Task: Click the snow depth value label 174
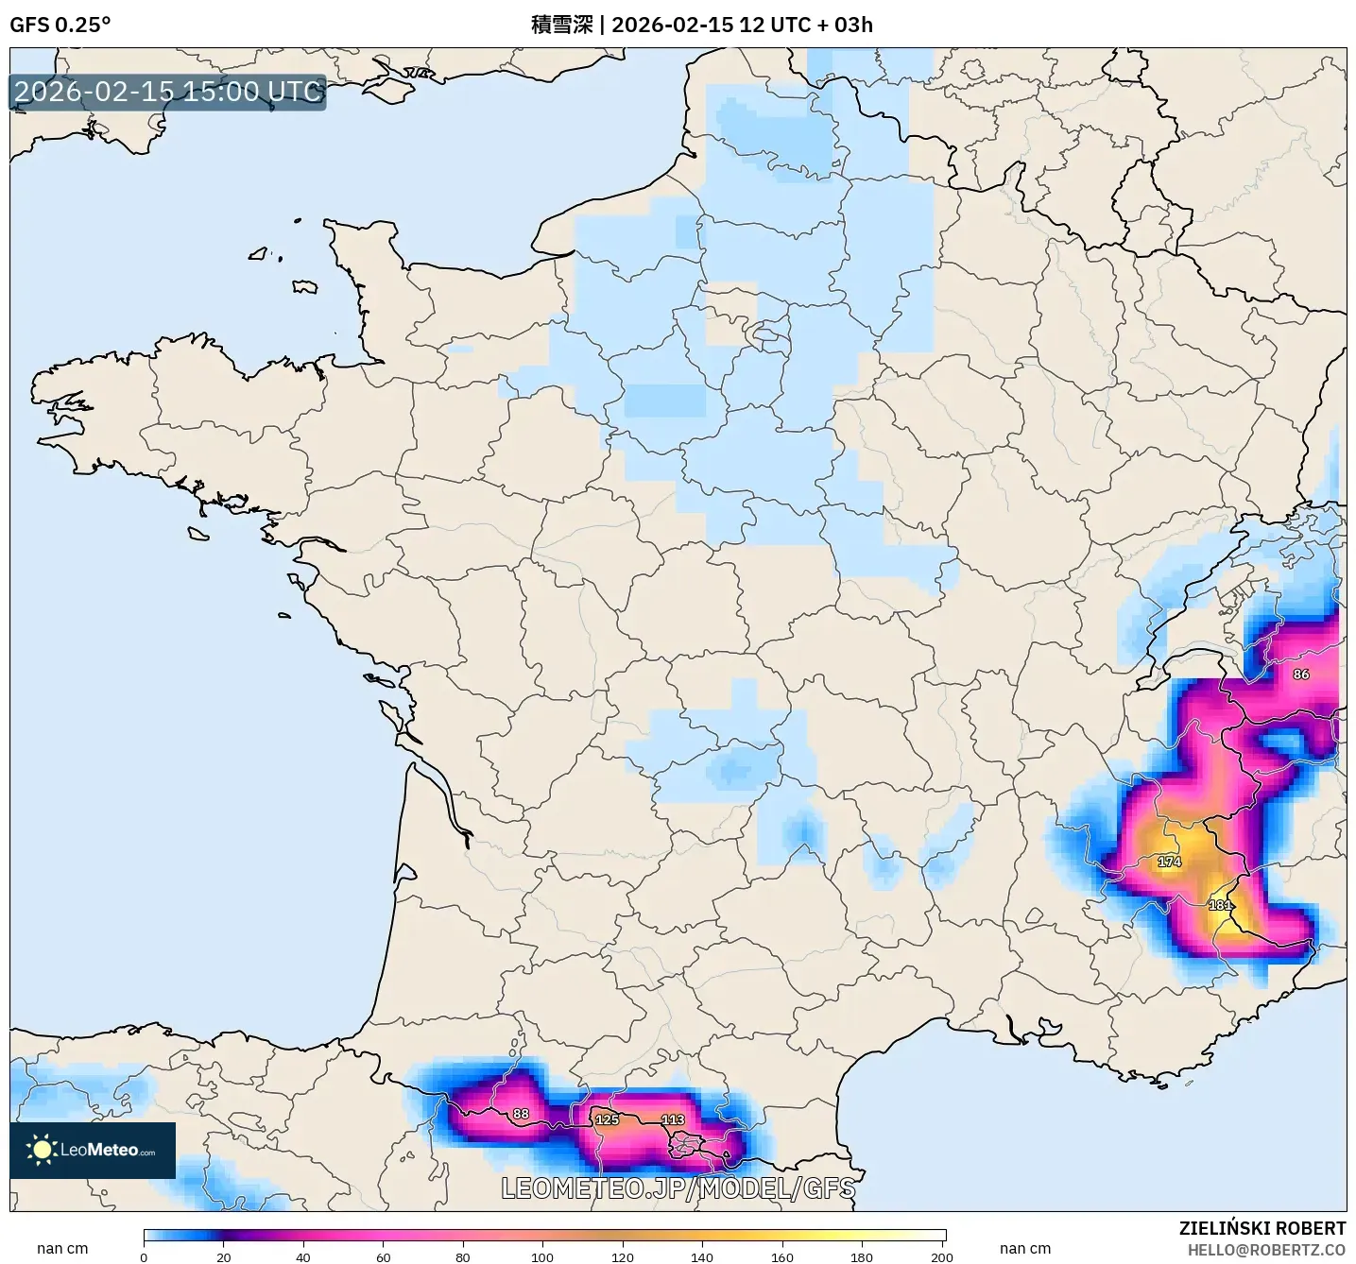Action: [x=1169, y=862]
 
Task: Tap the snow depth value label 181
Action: [x=1220, y=905]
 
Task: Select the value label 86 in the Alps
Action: [x=1301, y=675]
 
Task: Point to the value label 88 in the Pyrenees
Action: [x=521, y=1114]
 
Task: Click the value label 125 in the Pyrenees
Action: [x=607, y=1119]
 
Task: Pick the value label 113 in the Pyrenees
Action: [x=673, y=1119]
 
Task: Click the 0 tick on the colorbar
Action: [x=144, y=1256]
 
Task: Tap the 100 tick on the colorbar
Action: [x=542, y=1256]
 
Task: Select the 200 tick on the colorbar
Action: [x=941, y=1256]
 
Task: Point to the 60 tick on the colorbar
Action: [x=383, y=1256]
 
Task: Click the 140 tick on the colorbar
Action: [x=702, y=1256]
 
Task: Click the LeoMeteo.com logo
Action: [x=93, y=1150]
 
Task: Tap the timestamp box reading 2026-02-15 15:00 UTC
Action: [x=167, y=92]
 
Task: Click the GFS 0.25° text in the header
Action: [x=60, y=25]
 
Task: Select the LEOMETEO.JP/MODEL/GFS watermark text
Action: [x=678, y=1187]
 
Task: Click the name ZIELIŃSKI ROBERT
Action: [x=1262, y=1228]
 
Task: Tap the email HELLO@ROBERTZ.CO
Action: [x=1266, y=1250]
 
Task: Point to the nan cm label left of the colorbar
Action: [x=62, y=1248]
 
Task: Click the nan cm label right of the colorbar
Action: [x=1024, y=1248]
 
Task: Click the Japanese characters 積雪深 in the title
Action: [x=561, y=25]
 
